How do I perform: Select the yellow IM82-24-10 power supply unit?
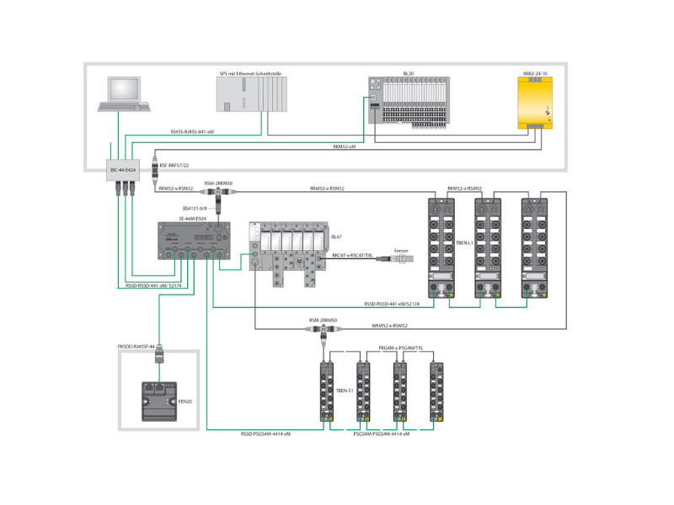[535, 103]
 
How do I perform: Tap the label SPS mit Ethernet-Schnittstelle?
[252, 73]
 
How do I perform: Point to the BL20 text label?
[409, 73]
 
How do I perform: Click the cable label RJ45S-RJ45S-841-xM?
[192, 132]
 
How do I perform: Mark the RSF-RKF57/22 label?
[174, 166]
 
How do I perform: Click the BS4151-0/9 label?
[195, 206]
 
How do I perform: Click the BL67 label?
[336, 237]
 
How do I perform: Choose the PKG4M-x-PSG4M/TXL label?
[401, 348]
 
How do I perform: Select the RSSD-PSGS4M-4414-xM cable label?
[265, 434]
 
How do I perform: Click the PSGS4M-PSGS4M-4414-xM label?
[381, 434]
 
